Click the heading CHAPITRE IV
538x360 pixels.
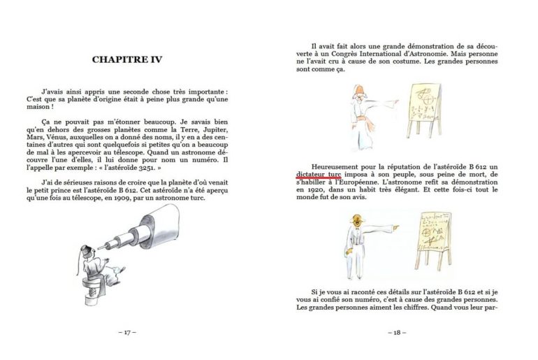point(127,59)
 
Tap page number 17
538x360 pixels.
point(127,332)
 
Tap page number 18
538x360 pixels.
point(397,332)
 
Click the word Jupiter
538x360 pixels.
point(216,130)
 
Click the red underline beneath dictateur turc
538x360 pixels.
point(319,178)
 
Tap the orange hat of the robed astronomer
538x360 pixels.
point(358,90)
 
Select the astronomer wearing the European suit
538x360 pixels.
point(367,245)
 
